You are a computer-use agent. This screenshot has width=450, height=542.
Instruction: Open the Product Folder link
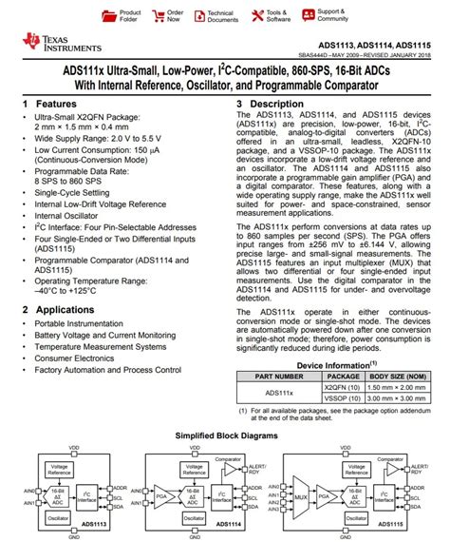click(130, 16)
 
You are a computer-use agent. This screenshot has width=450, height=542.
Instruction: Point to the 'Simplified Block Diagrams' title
click(224, 435)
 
